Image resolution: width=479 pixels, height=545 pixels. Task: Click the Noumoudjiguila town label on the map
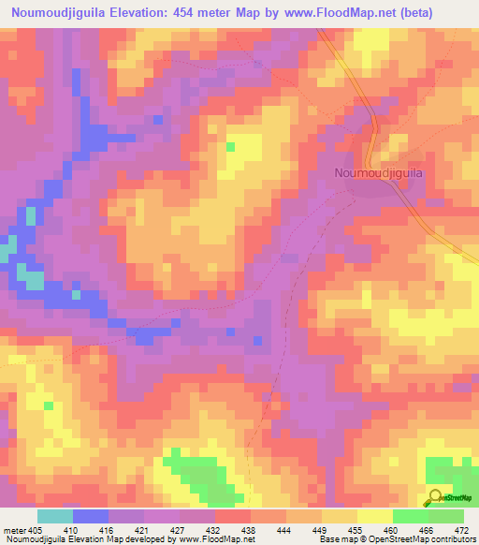pyautogui.click(x=380, y=172)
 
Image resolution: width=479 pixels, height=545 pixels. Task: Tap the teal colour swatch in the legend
pyautogui.click(x=55, y=516)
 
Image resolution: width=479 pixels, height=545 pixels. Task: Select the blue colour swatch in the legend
pyautogui.click(x=91, y=516)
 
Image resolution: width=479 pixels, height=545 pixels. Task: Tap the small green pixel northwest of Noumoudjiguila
pyautogui.click(x=230, y=146)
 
